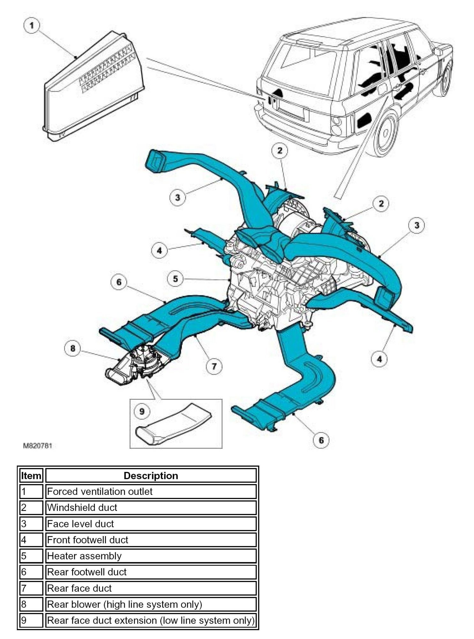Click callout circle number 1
point(31,26)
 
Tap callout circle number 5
point(175,279)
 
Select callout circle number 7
point(214,366)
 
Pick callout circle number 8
point(73,348)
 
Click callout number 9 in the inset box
point(142,411)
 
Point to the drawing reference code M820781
point(38,446)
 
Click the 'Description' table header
point(151,476)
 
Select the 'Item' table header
point(31,476)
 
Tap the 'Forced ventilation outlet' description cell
point(151,491)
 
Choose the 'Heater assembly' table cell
point(151,556)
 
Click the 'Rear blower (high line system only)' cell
point(151,604)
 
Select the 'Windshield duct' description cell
point(151,507)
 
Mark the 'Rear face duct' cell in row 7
point(151,588)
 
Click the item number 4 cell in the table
point(31,540)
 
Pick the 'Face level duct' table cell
point(151,524)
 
